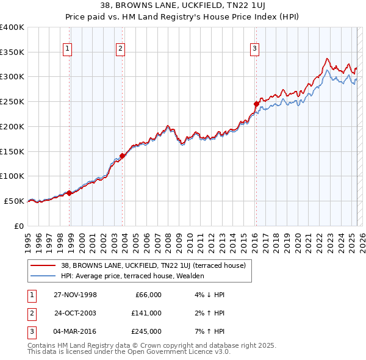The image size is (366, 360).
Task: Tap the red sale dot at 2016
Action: (256, 104)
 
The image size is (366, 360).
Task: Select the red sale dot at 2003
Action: (122, 156)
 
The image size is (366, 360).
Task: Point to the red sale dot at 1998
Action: (69, 193)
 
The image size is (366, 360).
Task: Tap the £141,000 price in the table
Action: (146, 313)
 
